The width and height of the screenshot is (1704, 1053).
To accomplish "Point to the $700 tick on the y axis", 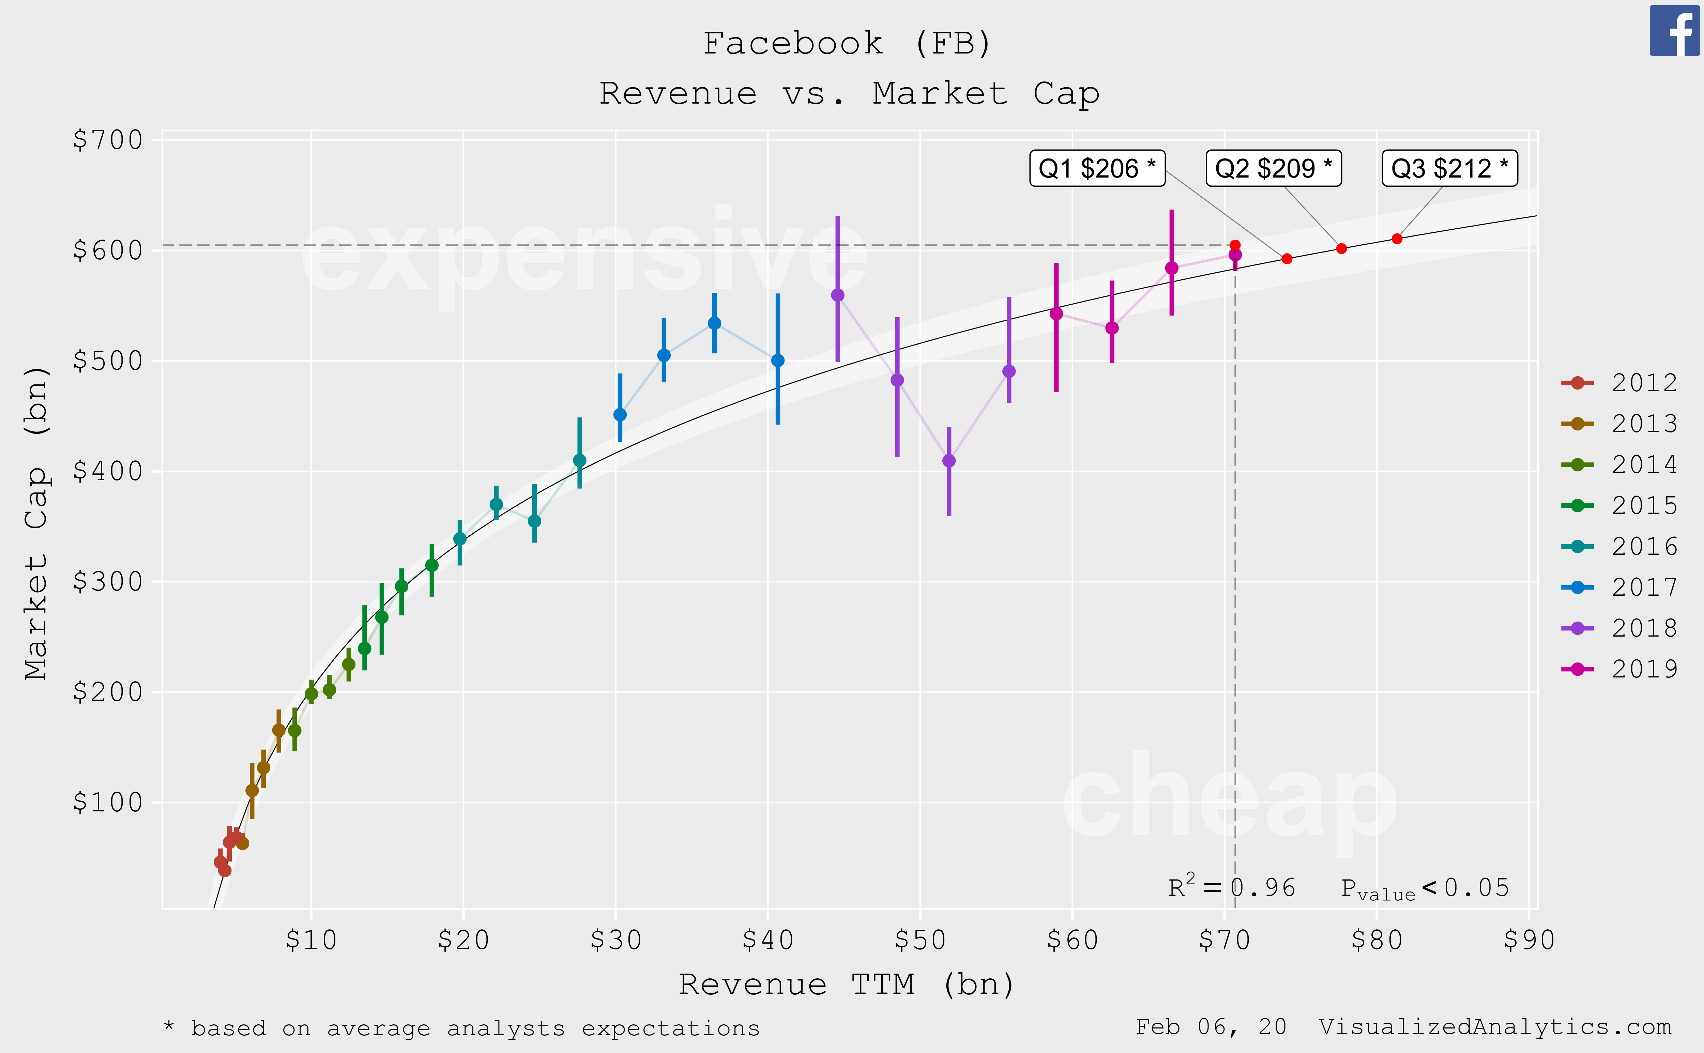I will pyautogui.click(x=108, y=140).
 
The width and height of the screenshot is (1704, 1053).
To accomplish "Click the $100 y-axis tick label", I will pyautogui.click(x=108, y=802).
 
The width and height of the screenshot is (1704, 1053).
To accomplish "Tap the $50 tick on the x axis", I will pyautogui.click(x=920, y=940).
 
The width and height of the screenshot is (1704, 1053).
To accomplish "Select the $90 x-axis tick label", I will pyautogui.click(x=1528, y=940).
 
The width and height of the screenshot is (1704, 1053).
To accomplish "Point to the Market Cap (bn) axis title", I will pyautogui.click(x=36, y=522).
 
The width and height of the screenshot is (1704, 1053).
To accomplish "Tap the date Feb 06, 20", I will pyautogui.click(x=1210, y=1027).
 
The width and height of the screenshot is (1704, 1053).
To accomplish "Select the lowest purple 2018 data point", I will pyautogui.click(x=948, y=460).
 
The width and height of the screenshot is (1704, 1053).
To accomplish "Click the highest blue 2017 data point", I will pyautogui.click(x=714, y=323).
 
